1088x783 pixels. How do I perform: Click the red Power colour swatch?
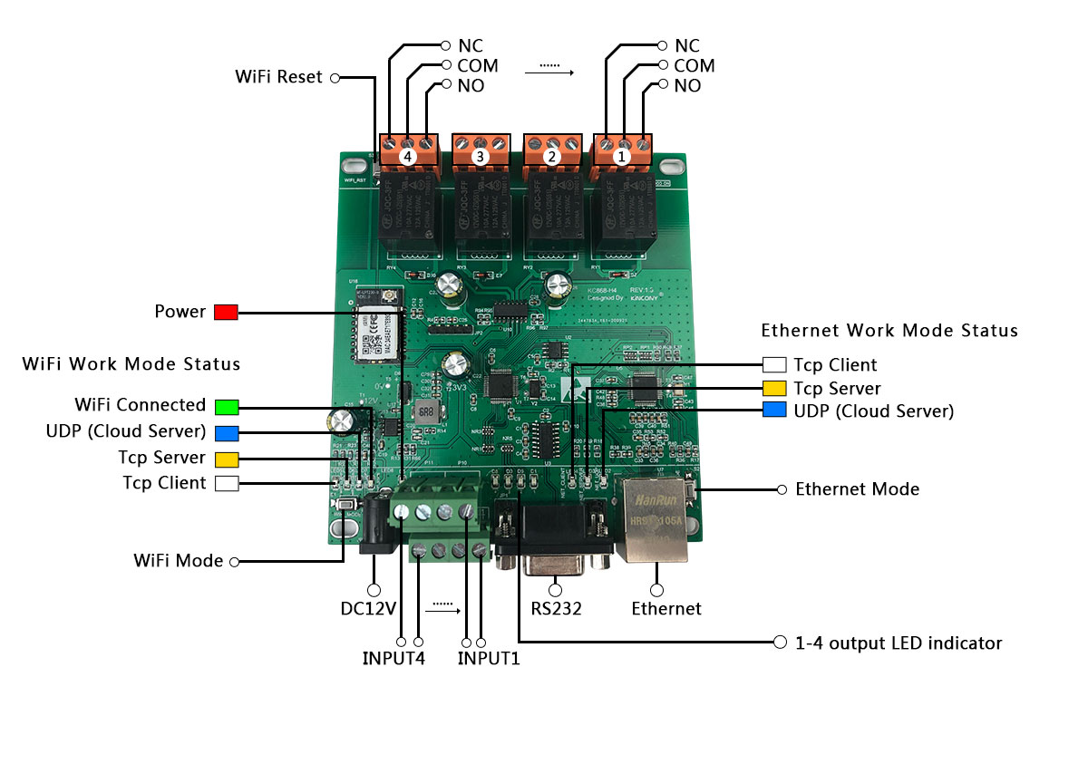(x=226, y=313)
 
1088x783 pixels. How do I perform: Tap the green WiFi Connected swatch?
(x=226, y=406)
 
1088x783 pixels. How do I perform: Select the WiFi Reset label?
(x=278, y=78)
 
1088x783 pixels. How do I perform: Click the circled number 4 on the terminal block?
(x=407, y=157)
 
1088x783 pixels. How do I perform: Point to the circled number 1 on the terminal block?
(x=621, y=156)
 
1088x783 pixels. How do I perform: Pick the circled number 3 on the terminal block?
(x=480, y=157)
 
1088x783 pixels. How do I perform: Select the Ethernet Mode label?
(x=857, y=489)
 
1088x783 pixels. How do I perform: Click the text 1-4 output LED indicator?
(x=898, y=643)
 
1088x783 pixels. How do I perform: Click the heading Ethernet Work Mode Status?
(x=889, y=331)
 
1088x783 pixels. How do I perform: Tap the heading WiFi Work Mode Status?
(x=131, y=364)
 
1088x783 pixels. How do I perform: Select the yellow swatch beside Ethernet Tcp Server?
(x=774, y=388)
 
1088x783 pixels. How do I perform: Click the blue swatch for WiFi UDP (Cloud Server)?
(x=226, y=432)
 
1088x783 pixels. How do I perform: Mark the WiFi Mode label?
(x=178, y=562)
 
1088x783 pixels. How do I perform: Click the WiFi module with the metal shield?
(x=374, y=334)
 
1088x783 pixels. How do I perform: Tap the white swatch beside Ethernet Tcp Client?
(x=774, y=365)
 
